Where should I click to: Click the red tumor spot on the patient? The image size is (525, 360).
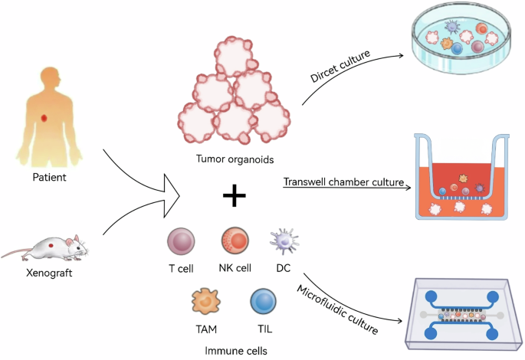pyautogui.click(x=45, y=117)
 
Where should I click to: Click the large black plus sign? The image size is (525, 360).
pyautogui.click(x=235, y=198)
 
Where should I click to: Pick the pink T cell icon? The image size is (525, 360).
pyautogui.click(x=181, y=242)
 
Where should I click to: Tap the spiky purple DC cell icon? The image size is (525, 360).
pyautogui.click(x=283, y=242)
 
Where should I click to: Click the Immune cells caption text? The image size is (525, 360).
pyautogui.click(x=231, y=349)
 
